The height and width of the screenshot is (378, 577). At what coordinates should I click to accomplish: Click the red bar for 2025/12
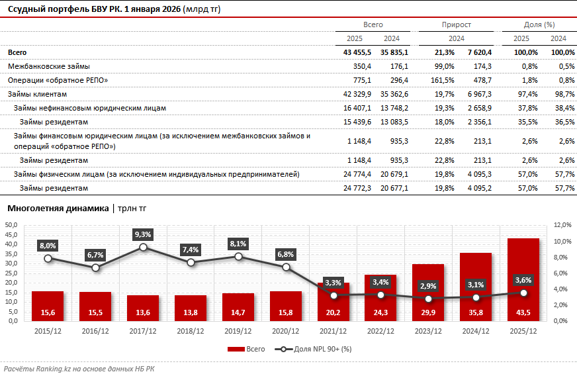click(523, 278)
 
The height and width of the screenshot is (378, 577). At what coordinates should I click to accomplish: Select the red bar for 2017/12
click(143, 307)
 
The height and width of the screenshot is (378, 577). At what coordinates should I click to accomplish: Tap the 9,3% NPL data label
click(143, 234)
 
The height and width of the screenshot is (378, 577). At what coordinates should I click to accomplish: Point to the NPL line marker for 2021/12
click(333, 295)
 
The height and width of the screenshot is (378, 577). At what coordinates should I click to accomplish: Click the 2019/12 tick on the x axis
click(238, 330)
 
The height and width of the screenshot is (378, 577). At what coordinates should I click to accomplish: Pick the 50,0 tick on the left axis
click(11, 225)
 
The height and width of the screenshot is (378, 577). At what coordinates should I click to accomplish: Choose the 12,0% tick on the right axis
click(563, 225)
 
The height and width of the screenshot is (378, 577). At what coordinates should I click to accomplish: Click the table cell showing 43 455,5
click(357, 52)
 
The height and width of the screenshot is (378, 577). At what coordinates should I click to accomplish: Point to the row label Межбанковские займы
click(48, 66)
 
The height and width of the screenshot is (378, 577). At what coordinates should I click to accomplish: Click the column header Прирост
click(456, 24)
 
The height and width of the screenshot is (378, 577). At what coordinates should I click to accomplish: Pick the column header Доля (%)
click(539, 24)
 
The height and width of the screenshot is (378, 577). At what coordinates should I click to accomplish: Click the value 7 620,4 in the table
click(479, 52)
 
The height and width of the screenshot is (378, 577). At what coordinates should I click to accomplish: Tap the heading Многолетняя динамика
click(58, 208)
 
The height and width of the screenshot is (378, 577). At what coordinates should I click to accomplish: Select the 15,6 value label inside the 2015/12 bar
click(48, 311)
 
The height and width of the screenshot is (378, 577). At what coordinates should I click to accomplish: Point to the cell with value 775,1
click(361, 80)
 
